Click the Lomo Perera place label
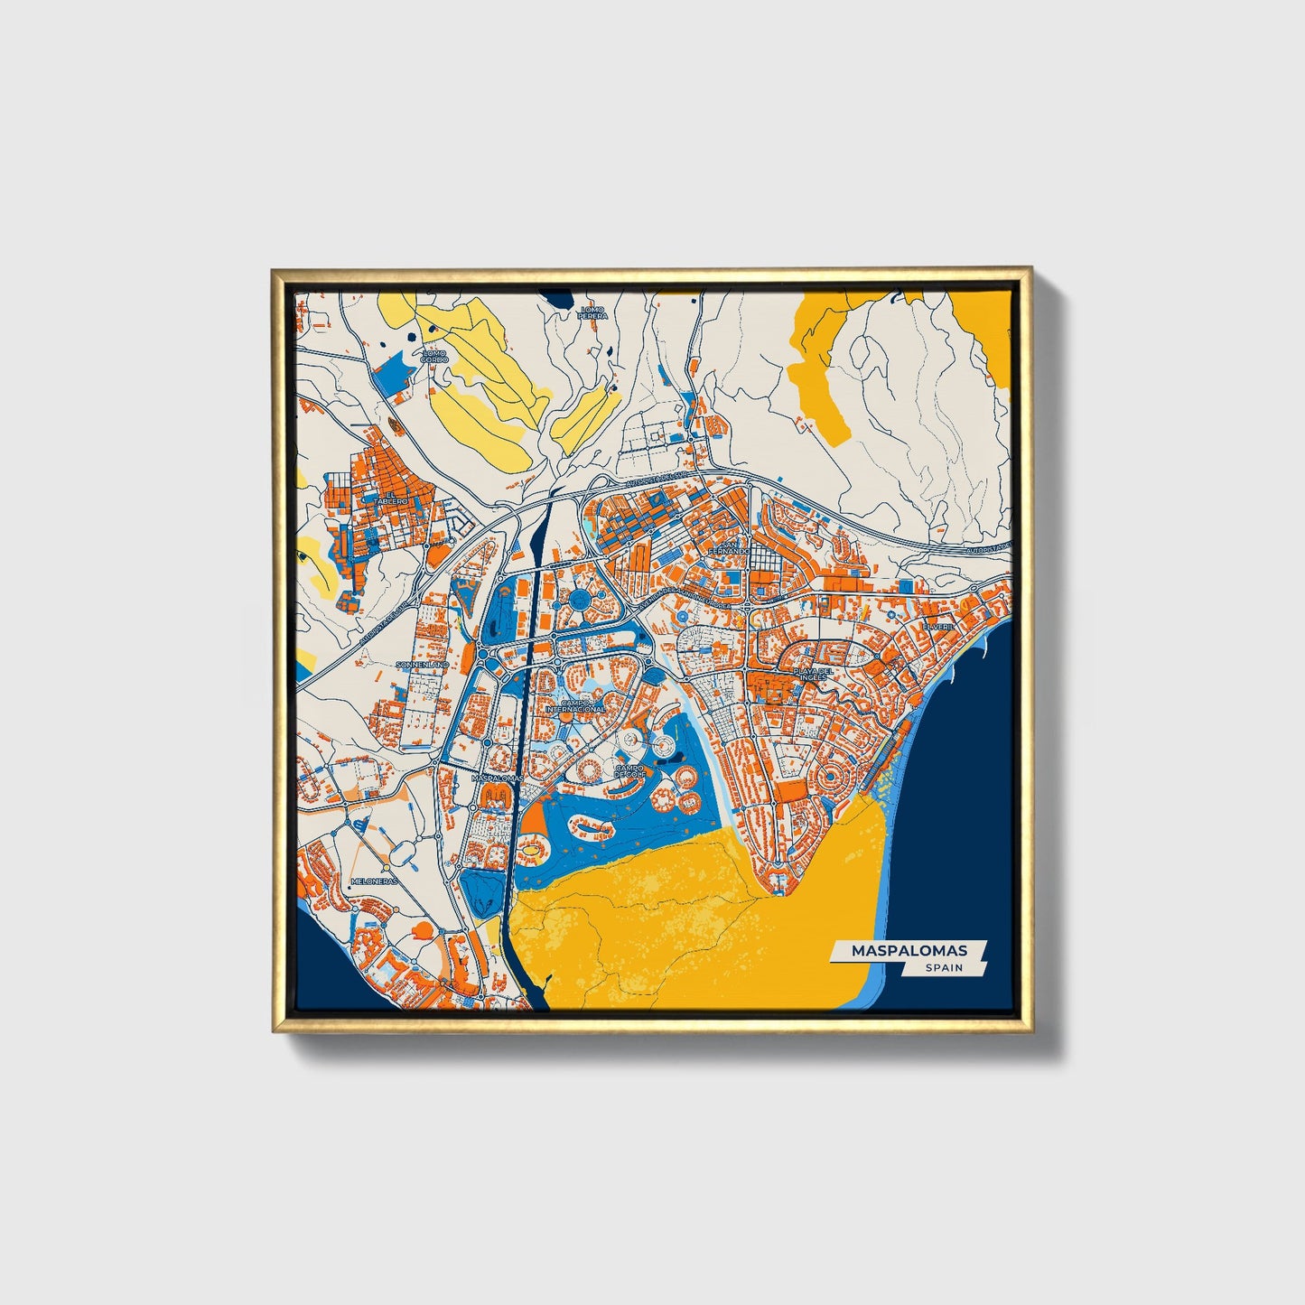click(593, 312)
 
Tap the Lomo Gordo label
click(434, 356)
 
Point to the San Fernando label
click(729, 547)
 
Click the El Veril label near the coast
click(938, 625)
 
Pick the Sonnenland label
click(423, 664)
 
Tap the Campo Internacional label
click(575, 705)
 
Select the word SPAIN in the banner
click(943, 968)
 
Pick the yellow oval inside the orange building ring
click(534, 848)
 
